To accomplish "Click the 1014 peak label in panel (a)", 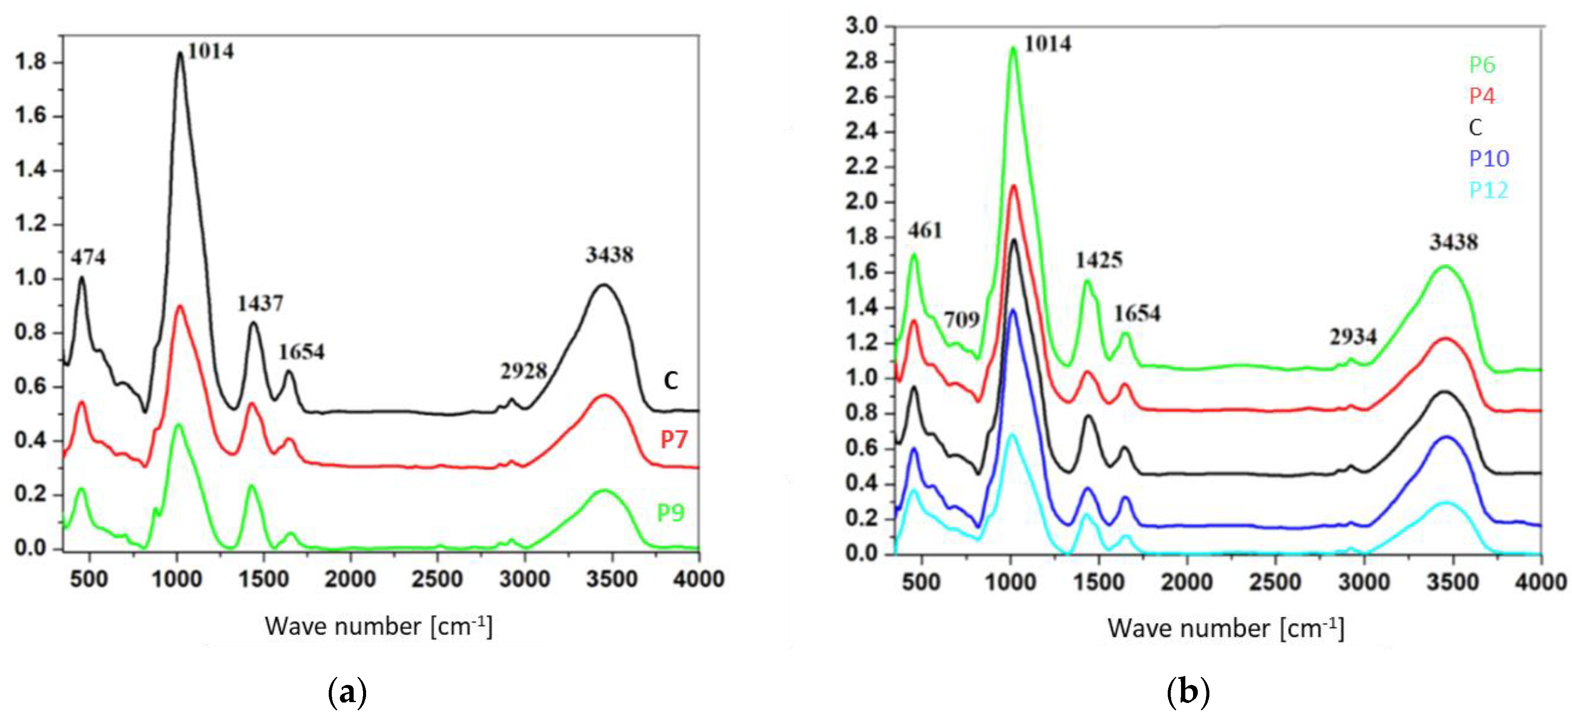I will coord(211,51).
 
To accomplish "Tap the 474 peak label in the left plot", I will coord(88,258).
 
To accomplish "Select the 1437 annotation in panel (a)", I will coord(260,304).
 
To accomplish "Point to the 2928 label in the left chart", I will coord(524,371).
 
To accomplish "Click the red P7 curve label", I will coord(674,439).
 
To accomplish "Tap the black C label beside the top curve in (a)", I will coord(671,381).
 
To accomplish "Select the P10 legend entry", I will coord(1488,159).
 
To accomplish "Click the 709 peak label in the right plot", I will coord(962,319).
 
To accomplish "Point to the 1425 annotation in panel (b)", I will coord(1099,261).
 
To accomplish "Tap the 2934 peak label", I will coord(1353,336).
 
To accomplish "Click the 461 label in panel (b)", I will coord(924,231).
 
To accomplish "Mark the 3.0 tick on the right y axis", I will coord(861,26).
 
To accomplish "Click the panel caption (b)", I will coord(1187,692).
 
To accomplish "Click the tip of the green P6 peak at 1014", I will coord(1013,48).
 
